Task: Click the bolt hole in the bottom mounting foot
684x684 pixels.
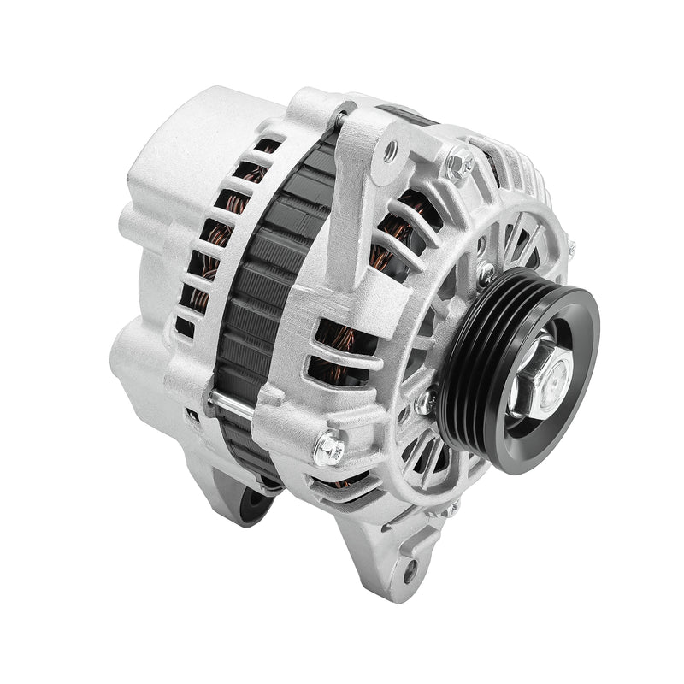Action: [x=412, y=567]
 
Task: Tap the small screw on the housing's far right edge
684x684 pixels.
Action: [x=570, y=249]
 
